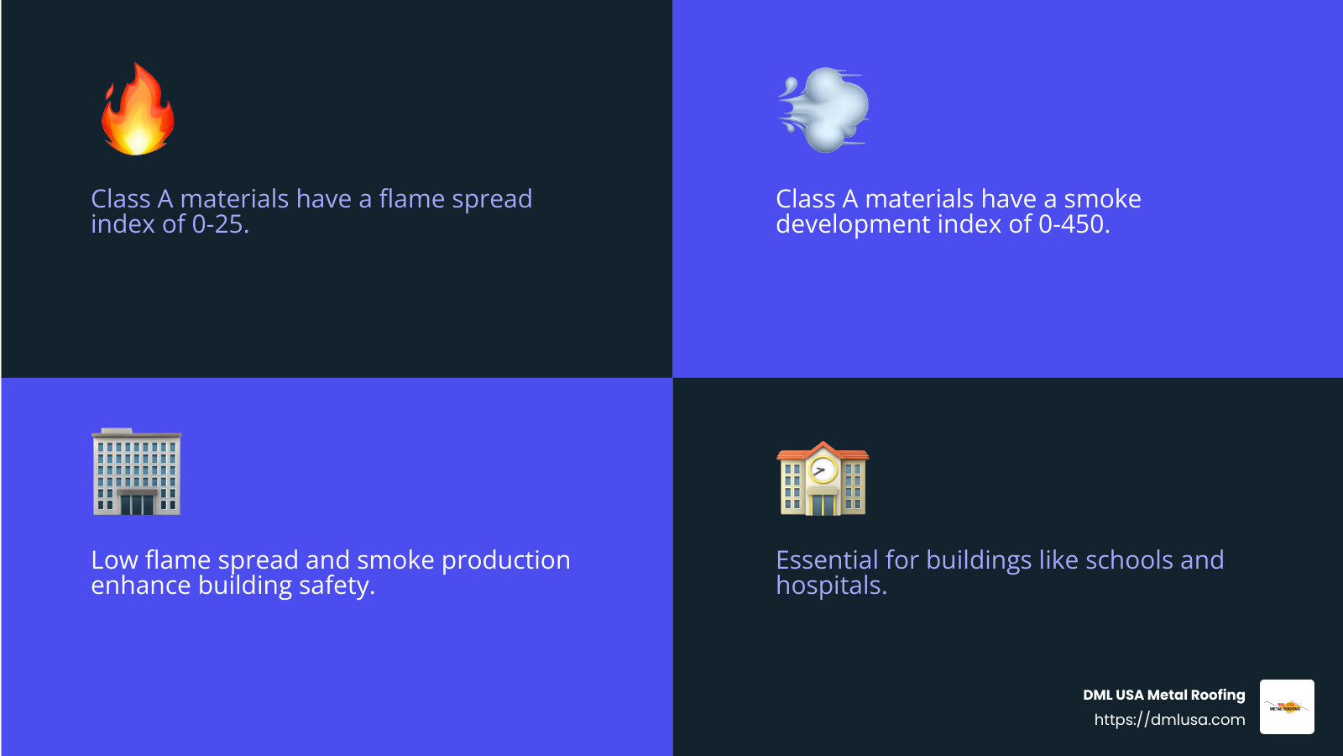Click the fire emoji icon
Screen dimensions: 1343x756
(x=138, y=109)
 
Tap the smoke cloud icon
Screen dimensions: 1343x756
(x=823, y=110)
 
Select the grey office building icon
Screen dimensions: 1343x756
(x=137, y=471)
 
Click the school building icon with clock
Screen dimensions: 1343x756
(x=823, y=479)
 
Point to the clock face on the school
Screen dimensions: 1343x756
(x=823, y=470)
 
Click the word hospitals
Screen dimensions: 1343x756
(x=831, y=586)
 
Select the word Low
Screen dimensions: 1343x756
(x=114, y=560)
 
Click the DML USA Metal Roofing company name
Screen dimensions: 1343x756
(x=1163, y=695)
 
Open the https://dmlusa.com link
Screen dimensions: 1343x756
(x=1170, y=719)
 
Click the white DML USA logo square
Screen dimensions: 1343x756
(x=1287, y=706)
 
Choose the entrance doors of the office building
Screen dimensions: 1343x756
(x=137, y=505)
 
